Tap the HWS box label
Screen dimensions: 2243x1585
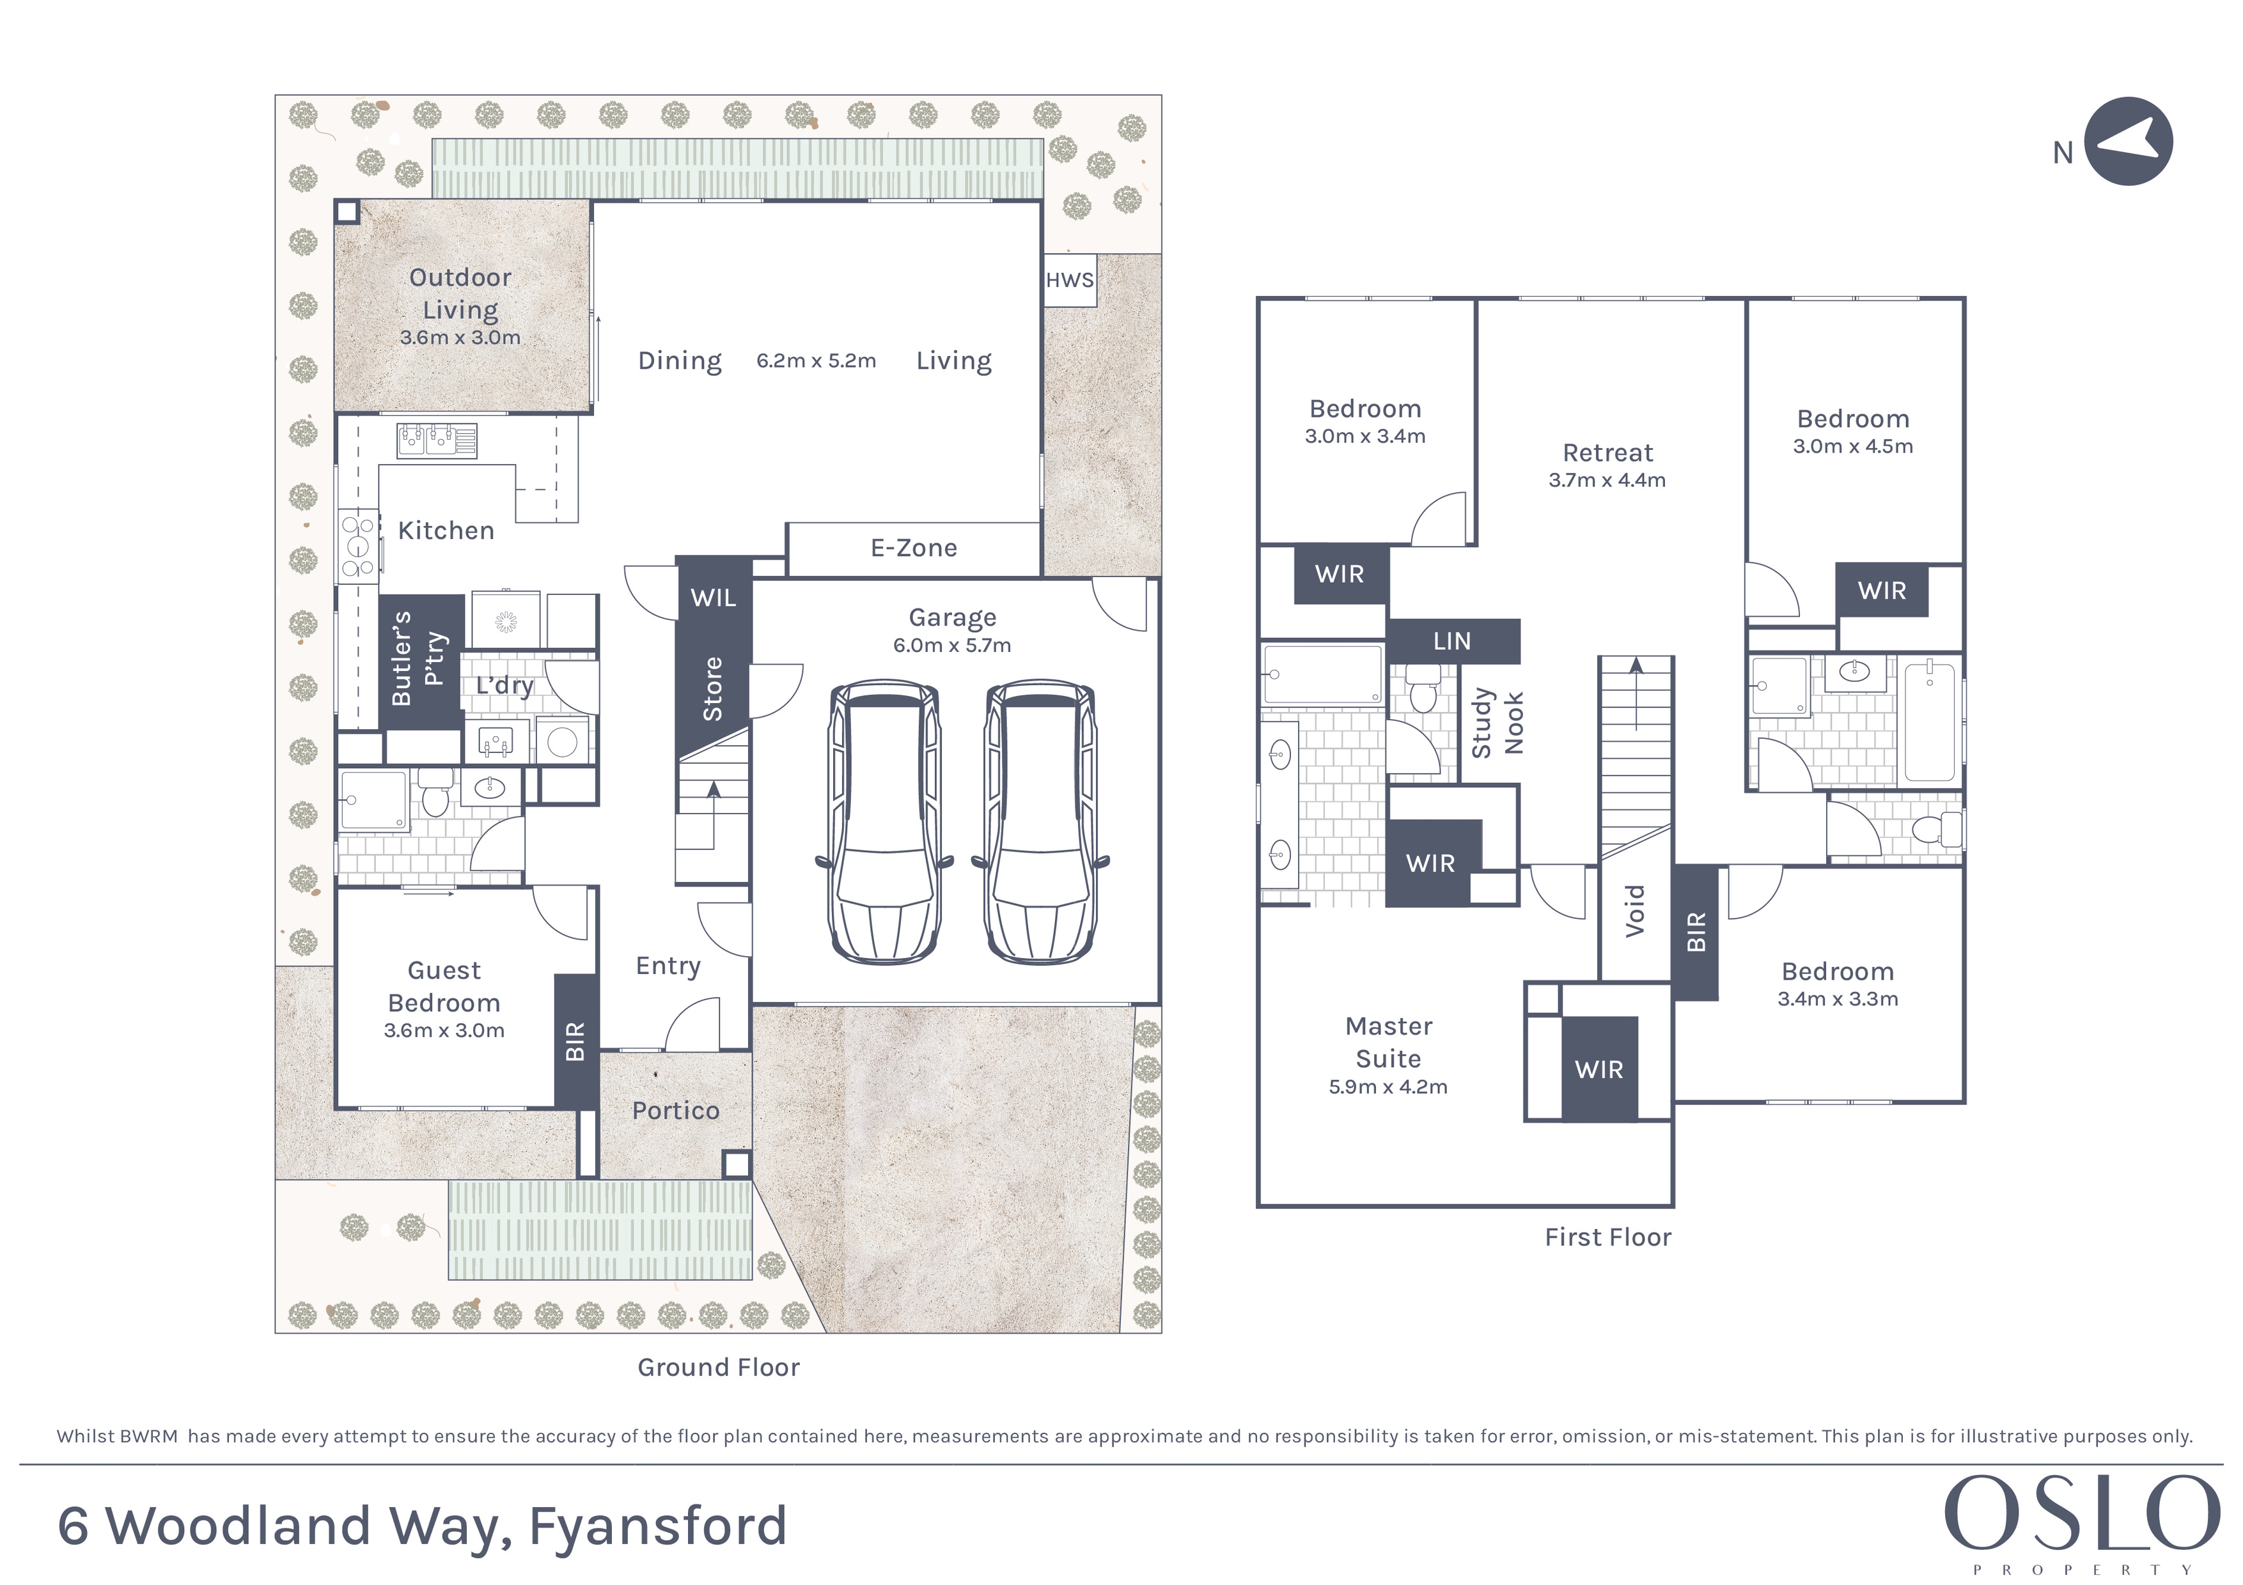(1070, 281)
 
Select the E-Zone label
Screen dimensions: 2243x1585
(914, 548)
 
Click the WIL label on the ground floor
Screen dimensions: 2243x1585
(713, 598)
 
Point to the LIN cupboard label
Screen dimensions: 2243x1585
(1451, 640)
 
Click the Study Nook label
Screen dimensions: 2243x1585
(1497, 723)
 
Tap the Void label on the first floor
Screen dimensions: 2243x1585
(1634, 911)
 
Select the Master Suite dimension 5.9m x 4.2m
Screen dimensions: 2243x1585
(1388, 1087)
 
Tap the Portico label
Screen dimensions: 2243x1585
(675, 1110)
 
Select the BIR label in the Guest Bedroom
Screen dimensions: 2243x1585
(575, 1041)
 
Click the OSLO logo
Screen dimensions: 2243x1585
(2082, 1513)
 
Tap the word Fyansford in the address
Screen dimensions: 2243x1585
(657, 1526)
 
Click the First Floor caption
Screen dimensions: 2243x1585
(1608, 1237)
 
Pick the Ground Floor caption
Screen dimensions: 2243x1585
(719, 1367)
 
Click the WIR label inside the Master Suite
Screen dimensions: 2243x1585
(1599, 1069)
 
